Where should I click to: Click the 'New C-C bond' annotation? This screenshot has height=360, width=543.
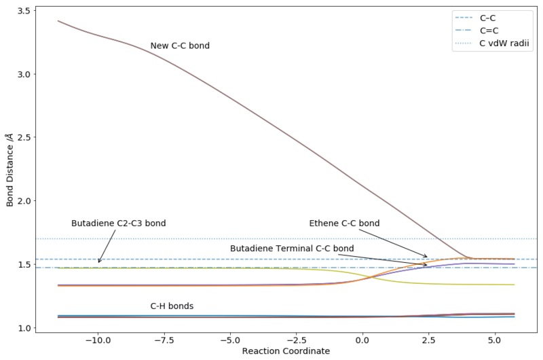click(x=180, y=46)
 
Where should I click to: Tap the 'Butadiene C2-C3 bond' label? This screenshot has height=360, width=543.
click(x=118, y=223)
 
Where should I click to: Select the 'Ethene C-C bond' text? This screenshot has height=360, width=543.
click(x=344, y=223)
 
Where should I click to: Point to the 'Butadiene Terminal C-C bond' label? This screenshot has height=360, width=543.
click(x=292, y=249)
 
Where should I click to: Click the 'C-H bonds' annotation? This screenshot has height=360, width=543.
click(x=172, y=306)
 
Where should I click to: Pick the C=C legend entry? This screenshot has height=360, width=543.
click(x=476, y=31)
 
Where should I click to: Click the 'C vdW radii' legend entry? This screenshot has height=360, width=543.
click(x=492, y=43)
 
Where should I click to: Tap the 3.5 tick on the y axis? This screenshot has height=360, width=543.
click(x=24, y=11)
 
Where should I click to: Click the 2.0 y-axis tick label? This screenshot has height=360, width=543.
click(x=24, y=201)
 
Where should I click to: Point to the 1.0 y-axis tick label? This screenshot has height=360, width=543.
click(x=24, y=328)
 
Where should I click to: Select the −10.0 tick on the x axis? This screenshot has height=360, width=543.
click(x=98, y=340)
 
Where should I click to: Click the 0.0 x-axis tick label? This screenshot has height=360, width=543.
click(x=362, y=340)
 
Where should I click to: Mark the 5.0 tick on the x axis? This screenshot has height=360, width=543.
click(x=495, y=340)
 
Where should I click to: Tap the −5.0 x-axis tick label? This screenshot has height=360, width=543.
click(x=230, y=340)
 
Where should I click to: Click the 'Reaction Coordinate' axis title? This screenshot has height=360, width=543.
click(x=286, y=351)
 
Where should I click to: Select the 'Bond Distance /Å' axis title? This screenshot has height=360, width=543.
click(x=10, y=170)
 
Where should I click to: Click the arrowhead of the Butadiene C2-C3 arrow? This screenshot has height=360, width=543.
click(x=98, y=262)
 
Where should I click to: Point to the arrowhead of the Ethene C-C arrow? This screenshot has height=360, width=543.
click(x=427, y=257)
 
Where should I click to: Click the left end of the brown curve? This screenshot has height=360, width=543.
click(x=58, y=21)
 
